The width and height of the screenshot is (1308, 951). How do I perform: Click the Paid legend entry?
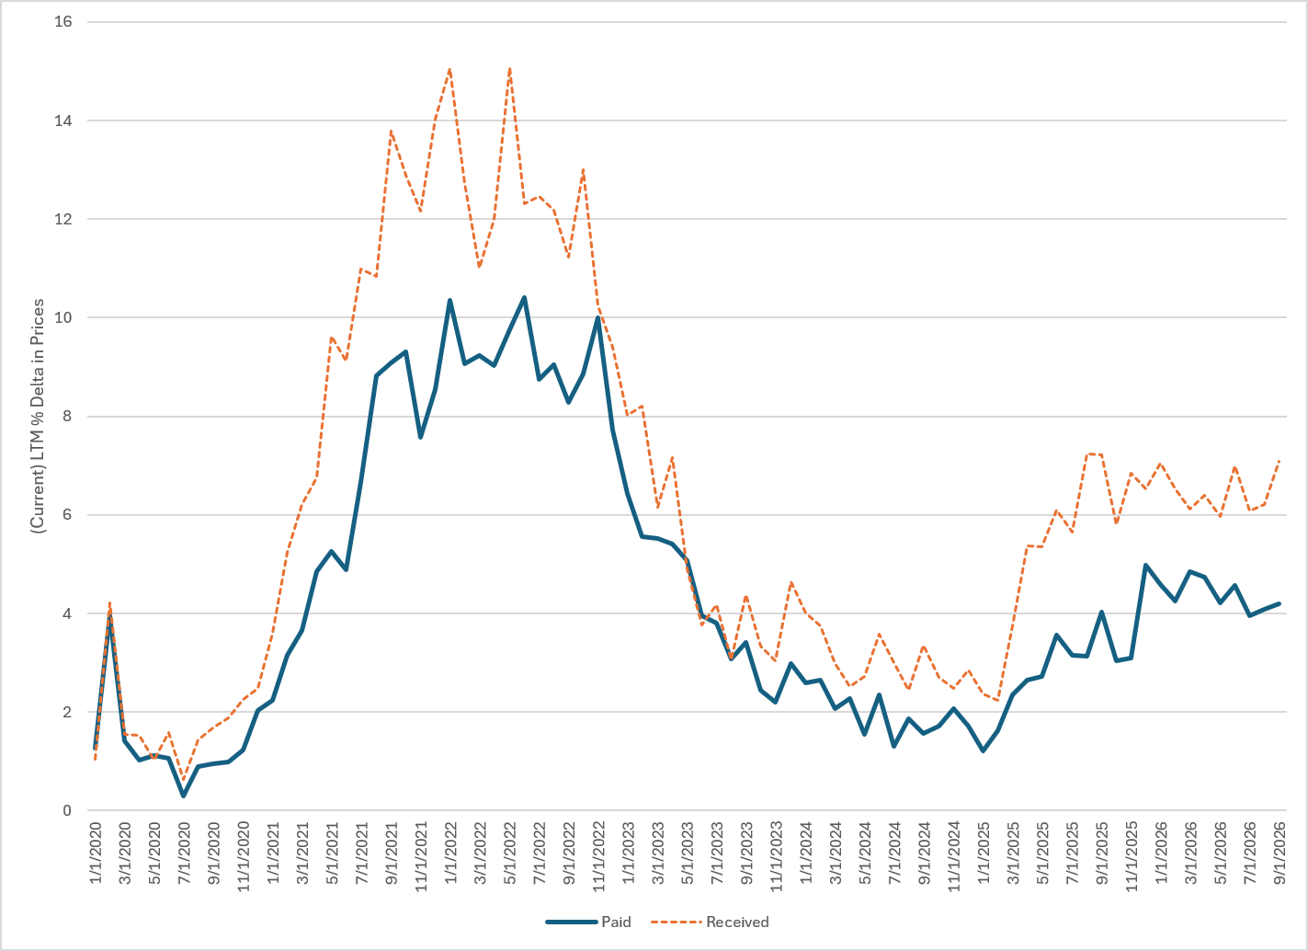pos(588,922)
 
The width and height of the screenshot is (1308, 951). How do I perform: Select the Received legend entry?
pos(710,922)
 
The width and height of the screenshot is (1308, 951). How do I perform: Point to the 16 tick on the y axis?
pos(63,22)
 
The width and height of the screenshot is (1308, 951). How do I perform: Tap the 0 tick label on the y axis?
pos(67,810)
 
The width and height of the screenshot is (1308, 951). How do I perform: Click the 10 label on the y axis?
pos(63,317)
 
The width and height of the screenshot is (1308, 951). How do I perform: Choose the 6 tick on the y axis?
pos(67,515)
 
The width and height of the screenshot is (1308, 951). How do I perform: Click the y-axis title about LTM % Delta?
pos(38,416)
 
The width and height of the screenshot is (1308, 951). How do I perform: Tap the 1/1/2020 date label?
pos(96,853)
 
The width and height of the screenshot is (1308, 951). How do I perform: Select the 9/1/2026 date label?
pos(1280,853)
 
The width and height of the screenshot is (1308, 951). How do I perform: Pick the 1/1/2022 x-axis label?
pos(450,853)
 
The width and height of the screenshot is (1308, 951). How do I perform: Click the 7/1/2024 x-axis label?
pos(894,853)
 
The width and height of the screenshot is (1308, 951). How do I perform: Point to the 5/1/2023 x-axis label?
pos(688,853)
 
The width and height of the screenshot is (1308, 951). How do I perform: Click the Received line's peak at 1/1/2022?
pos(449,70)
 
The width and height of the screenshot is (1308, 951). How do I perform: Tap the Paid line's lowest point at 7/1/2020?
pos(183,796)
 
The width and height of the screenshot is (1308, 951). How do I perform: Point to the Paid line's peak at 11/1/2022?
pos(598,317)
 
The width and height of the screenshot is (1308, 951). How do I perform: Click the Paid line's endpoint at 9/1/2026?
pos(1280,603)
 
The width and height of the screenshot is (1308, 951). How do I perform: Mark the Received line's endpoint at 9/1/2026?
pos(1280,461)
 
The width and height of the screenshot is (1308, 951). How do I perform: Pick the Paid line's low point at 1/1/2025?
pos(984,750)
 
